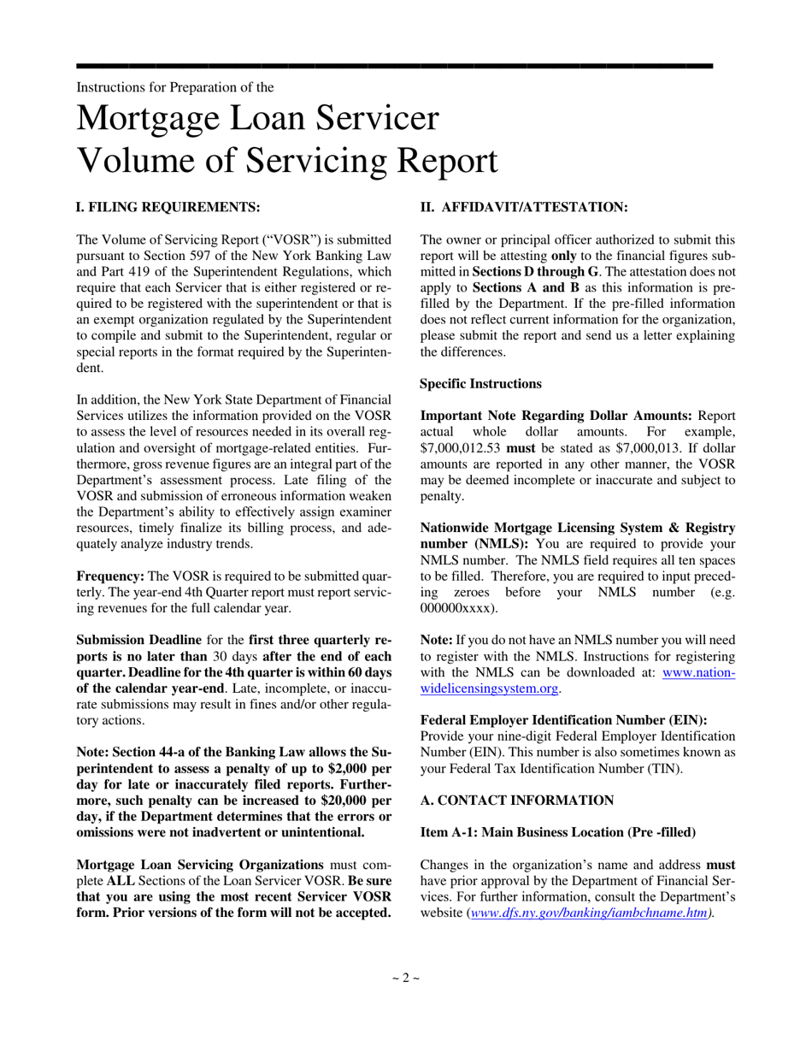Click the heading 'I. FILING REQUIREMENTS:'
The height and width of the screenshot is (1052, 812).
point(168,207)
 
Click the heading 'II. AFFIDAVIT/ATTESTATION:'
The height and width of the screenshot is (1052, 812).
point(524,207)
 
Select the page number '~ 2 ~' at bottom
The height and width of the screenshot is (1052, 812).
point(406,978)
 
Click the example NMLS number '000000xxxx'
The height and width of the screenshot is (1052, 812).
point(457,608)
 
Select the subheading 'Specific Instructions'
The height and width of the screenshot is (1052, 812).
point(480,384)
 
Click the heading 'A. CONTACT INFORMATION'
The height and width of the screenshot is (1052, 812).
point(517,800)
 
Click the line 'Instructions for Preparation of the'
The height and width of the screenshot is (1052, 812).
point(175,87)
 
